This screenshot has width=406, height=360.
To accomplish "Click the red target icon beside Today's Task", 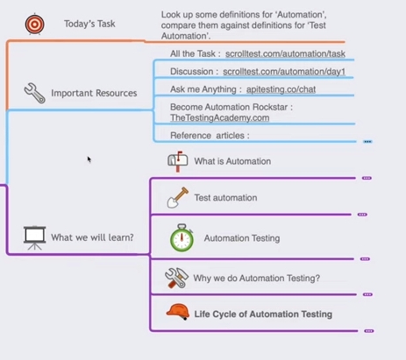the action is tap(34, 24).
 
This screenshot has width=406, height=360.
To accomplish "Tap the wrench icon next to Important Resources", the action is tap(34, 93).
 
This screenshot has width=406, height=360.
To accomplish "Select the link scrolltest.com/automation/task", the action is tap(285, 53).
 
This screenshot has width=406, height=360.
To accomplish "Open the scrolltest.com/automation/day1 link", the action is tap(284, 72).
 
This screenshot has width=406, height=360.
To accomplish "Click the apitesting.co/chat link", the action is tap(281, 89).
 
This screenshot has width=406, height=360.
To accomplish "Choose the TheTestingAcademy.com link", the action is tap(220, 118).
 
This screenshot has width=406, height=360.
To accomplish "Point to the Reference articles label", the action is tap(210, 136).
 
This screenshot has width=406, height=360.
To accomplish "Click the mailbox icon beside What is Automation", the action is tap(178, 161).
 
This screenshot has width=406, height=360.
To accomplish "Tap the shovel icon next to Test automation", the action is tap(177, 198).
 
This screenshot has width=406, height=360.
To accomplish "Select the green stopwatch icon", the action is tap(182, 238).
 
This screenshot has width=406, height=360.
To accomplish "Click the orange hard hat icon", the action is tap(178, 312).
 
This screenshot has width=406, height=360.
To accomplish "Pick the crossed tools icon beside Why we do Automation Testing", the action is tap(176, 278).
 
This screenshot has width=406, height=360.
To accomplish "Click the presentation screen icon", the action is tap(35, 238).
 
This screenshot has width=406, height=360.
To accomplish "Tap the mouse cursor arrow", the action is tap(89, 159).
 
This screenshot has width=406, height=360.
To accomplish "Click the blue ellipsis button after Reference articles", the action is tap(367, 142).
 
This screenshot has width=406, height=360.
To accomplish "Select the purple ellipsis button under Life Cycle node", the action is tap(369, 331).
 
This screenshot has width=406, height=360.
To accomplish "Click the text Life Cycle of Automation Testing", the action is tap(263, 314).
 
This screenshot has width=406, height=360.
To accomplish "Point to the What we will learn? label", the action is tap(92, 237).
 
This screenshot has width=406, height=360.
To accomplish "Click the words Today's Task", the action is tap(89, 24).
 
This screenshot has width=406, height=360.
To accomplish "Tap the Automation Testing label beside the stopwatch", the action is tap(242, 238).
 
